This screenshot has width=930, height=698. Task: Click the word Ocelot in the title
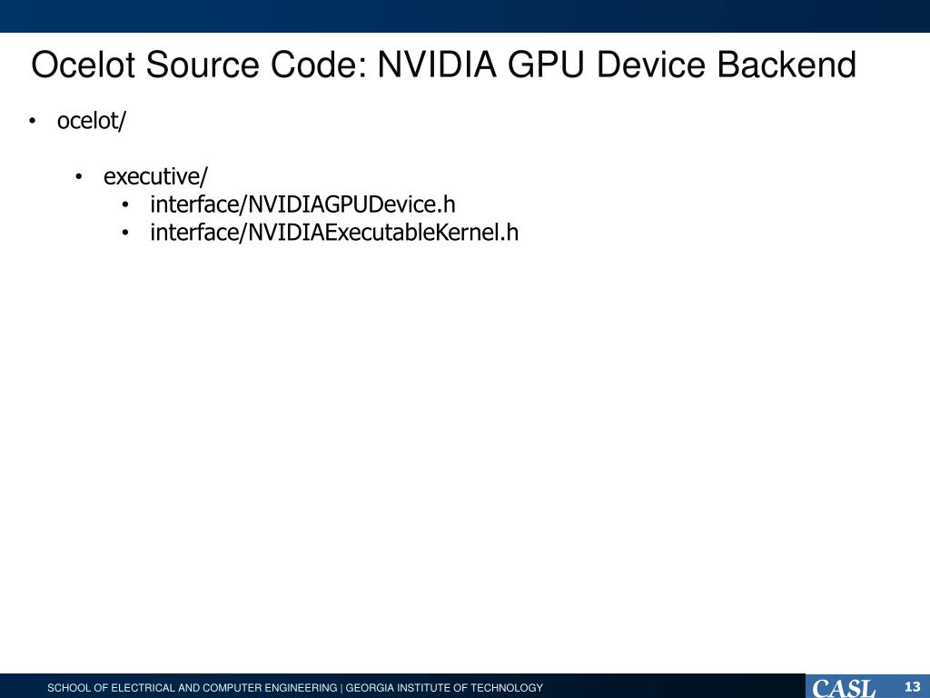point(84,65)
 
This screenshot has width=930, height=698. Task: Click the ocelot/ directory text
point(91,121)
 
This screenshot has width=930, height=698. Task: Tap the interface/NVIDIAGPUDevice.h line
point(302,204)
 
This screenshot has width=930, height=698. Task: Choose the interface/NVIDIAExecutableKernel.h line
point(334,233)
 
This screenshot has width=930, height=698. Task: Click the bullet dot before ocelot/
point(34,122)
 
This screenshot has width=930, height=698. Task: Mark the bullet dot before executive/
point(80,176)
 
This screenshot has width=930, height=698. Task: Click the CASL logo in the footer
point(844,687)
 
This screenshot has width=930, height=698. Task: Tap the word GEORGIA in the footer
point(367,688)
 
